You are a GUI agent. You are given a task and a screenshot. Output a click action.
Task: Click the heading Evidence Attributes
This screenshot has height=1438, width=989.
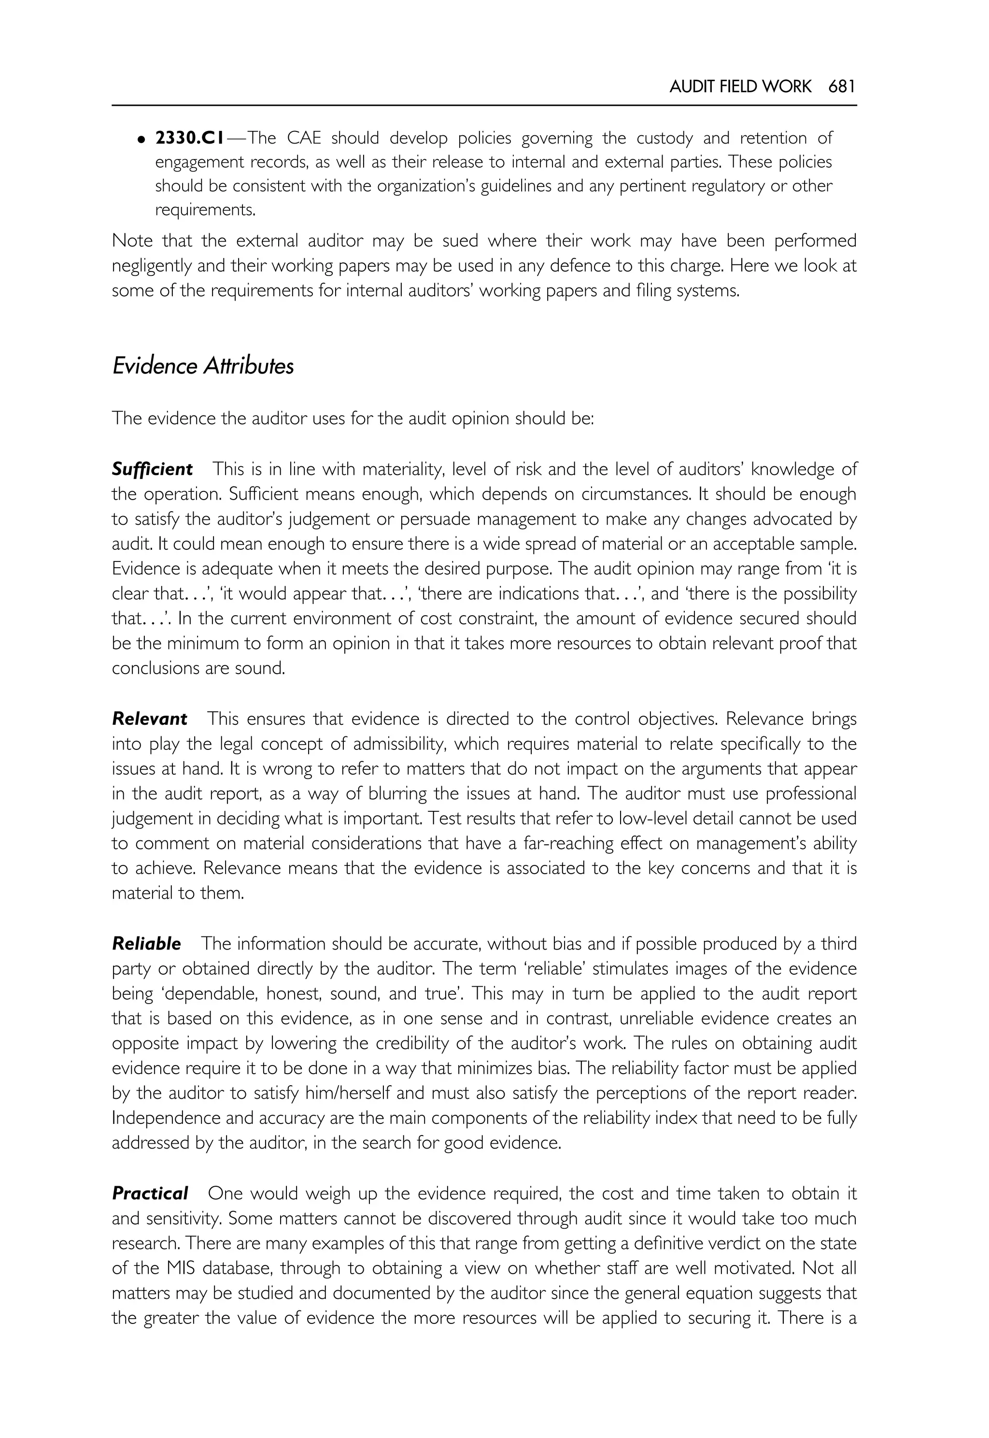pyautogui.click(x=203, y=366)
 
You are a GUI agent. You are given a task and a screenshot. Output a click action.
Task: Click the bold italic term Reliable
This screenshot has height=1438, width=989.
pyautogui.click(x=146, y=944)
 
